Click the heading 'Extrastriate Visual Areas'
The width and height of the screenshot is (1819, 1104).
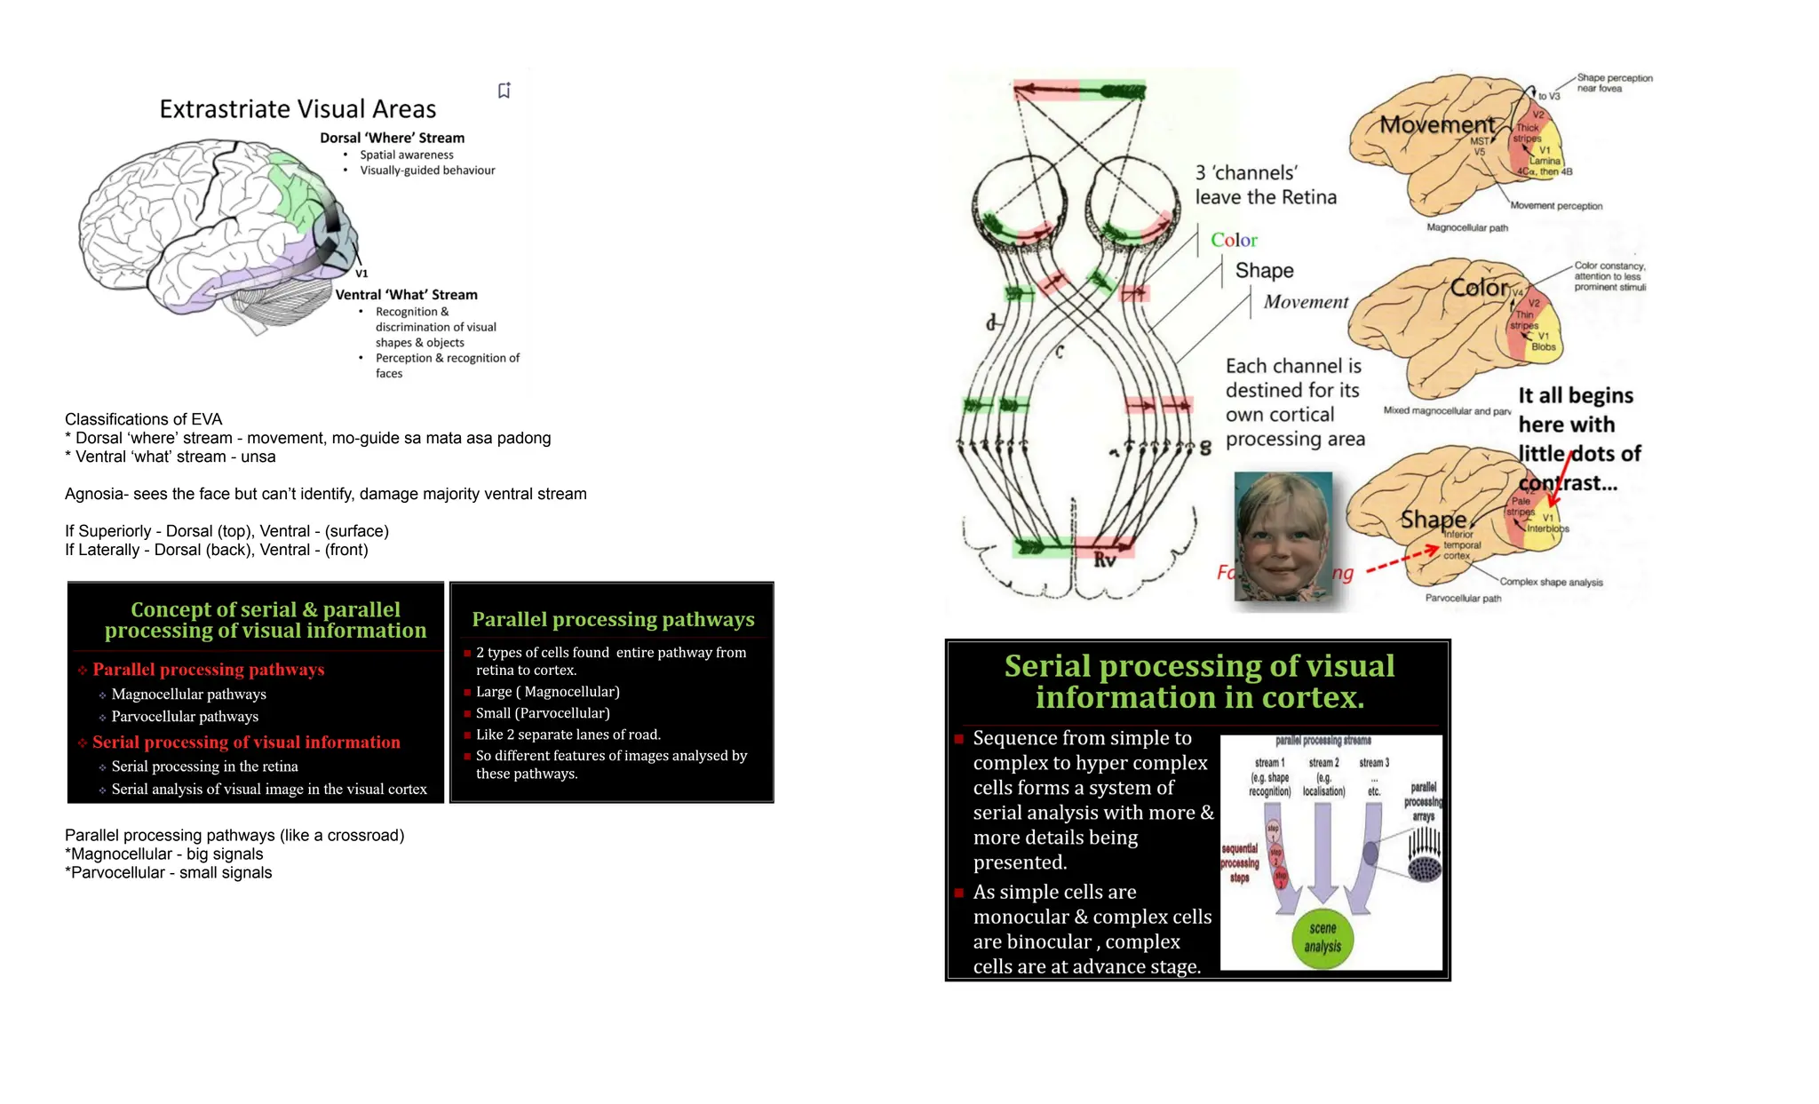tap(298, 109)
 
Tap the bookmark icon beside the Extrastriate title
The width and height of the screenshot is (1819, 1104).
tap(504, 91)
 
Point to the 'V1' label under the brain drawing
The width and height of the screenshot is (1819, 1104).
tap(361, 274)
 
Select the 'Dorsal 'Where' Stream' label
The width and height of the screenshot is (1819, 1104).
tap(392, 138)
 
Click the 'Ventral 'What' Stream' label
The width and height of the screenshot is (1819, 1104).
tap(406, 295)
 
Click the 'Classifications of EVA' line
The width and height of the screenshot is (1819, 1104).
tap(144, 419)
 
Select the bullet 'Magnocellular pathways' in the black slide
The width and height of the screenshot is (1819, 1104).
tap(188, 695)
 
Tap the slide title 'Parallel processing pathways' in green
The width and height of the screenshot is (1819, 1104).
tap(613, 619)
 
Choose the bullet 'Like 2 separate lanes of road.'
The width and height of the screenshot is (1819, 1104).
tap(568, 735)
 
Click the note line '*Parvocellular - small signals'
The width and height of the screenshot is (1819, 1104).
tap(169, 873)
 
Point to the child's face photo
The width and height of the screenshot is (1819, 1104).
tap(1283, 536)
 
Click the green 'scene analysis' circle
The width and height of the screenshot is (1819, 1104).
tap(1323, 938)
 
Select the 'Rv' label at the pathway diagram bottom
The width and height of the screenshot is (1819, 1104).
tap(1104, 560)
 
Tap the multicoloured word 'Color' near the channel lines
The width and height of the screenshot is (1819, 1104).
tap(1234, 240)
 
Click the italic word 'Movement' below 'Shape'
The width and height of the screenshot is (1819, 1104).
tap(1306, 302)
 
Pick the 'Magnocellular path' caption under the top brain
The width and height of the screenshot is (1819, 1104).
tap(1466, 228)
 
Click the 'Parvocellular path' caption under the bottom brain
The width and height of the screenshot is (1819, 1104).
tap(1463, 599)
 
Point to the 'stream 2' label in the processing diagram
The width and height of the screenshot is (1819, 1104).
tap(1323, 763)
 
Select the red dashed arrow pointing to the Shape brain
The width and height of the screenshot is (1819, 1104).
tap(1402, 560)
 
